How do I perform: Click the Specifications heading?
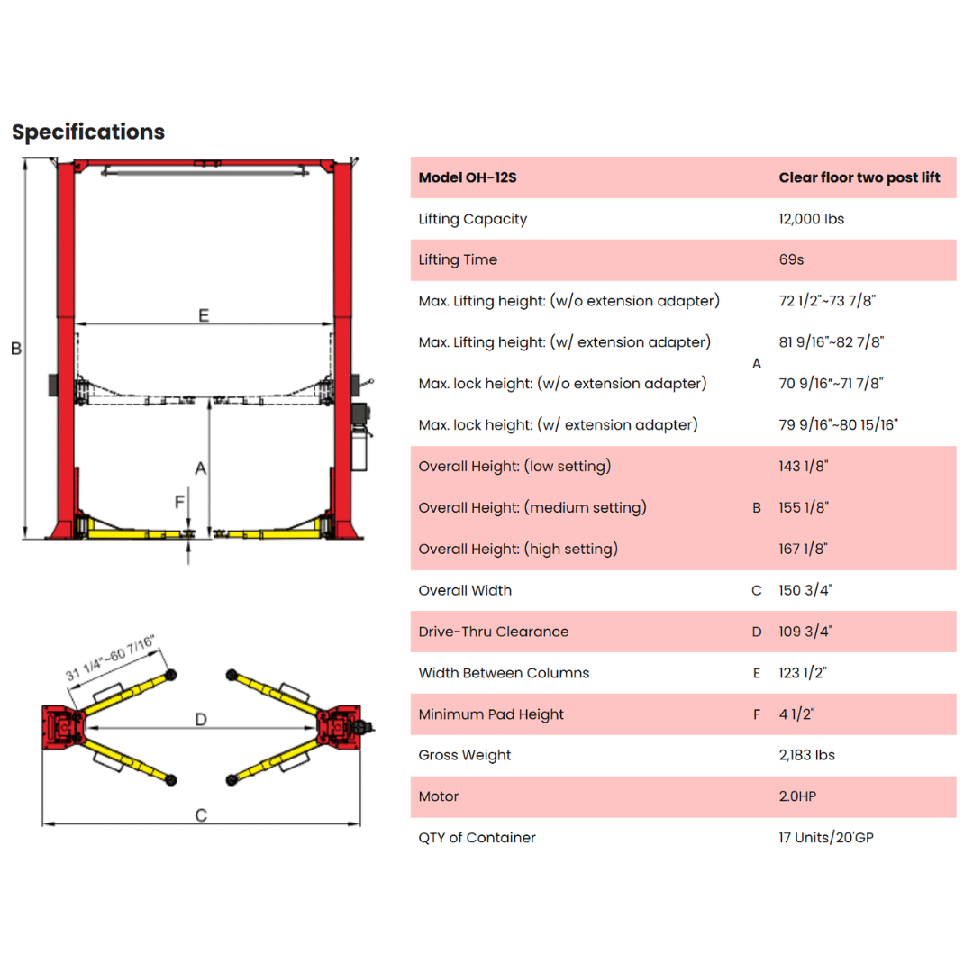tap(88, 132)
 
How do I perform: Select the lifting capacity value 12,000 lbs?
tap(811, 219)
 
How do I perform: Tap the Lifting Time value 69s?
tap(791, 260)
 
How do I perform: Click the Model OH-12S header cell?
tap(468, 177)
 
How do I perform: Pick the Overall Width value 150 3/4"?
tap(805, 590)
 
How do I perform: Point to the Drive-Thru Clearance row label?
tap(494, 632)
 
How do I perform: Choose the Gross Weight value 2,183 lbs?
tap(806, 755)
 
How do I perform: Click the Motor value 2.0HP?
tap(797, 796)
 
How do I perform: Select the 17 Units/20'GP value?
tap(826, 838)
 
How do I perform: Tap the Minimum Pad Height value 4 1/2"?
tap(796, 714)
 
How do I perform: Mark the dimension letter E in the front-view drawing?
tap(204, 315)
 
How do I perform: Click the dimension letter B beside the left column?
tap(16, 349)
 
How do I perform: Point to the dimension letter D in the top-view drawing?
tap(200, 719)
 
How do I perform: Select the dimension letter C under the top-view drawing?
tap(201, 814)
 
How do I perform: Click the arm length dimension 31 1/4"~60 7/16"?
tap(110, 657)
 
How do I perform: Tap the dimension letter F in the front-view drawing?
tap(180, 502)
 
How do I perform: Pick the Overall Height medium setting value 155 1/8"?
tap(804, 507)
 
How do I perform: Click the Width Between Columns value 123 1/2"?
tap(803, 673)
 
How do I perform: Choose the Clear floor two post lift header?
tap(859, 177)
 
